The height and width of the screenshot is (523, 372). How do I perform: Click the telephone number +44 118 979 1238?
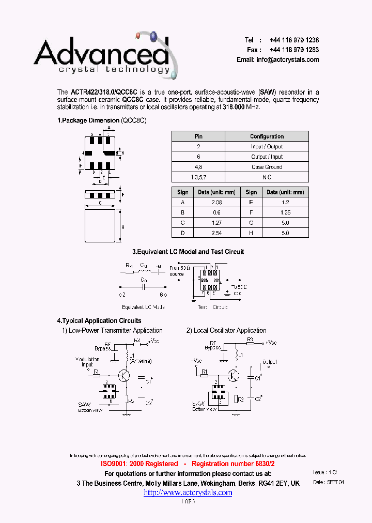click(x=294, y=40)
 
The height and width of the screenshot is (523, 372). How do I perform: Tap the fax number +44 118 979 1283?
click(x=294, y=50)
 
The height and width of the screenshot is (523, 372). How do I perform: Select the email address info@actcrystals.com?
click(x=287, y=60)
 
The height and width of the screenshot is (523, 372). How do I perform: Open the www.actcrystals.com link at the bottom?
click(x=188, y=493)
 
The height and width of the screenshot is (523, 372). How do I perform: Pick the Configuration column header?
click(x=267, y=136)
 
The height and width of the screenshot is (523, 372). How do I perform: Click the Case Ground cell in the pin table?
click(x=267, y=167)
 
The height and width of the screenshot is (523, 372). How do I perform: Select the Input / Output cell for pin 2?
click(x=267, y=147)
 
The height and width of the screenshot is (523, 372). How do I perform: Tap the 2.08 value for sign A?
click(x=216, y=203)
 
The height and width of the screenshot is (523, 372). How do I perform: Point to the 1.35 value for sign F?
click(x=286, y=212)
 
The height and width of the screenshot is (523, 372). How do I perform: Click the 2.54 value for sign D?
click(x=216, y=233)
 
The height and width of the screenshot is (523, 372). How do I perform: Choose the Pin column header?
click(x=198, y=136)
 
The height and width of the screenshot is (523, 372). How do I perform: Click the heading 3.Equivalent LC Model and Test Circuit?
click(x=188, y=252)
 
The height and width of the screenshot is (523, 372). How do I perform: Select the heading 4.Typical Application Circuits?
click(x=99, y=320)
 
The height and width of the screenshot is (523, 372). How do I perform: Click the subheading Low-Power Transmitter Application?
click(x=116, y=331)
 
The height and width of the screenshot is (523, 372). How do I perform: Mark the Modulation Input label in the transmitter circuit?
click(x=87, y=362)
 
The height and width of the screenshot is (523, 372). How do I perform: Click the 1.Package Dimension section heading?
click(x=88, y=120)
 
